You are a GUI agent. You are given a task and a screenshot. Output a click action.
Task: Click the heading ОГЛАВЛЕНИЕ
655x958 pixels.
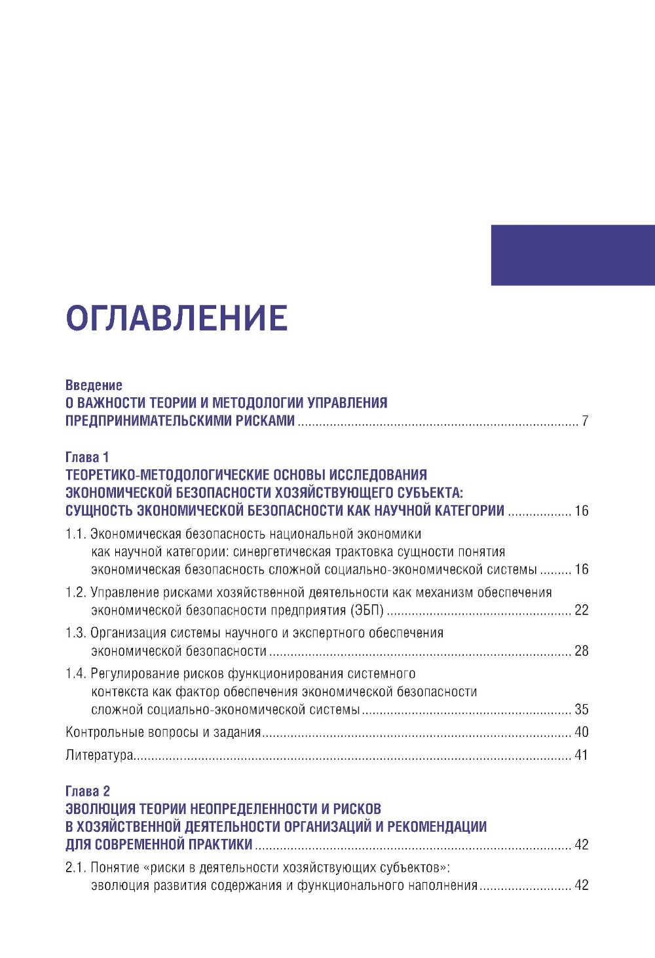(177, 318)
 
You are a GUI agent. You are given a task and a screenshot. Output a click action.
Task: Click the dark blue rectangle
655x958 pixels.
(572, 255)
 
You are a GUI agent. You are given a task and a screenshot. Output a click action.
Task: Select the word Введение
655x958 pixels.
(94, 385)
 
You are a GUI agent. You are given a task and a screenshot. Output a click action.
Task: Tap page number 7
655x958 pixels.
(585, 421)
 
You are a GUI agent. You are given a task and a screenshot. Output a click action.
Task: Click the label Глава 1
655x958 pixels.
(87, 457)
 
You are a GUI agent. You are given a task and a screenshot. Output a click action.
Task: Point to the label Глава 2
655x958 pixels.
(88, 791)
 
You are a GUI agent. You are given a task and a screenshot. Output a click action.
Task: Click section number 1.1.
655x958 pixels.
(75, 534)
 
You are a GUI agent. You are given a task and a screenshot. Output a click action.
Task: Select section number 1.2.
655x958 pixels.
(76, 593)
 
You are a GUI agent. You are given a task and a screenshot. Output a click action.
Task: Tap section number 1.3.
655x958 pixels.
(76, 633)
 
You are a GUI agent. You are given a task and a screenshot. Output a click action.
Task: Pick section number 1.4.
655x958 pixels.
(76, 674)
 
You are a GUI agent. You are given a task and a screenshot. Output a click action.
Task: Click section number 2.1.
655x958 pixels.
(76, 868)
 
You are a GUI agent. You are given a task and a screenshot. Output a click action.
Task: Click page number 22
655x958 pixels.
(582, 611)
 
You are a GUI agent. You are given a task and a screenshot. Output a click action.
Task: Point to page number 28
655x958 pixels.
(582, 651)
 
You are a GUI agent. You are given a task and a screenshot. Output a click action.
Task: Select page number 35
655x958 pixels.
(582, 709)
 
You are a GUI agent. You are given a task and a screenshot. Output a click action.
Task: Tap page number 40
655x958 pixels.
(582, 732)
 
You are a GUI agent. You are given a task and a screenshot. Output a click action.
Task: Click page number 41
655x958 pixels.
(582, 755)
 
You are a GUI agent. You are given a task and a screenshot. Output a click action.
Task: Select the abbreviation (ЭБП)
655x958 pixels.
(367, 611)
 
